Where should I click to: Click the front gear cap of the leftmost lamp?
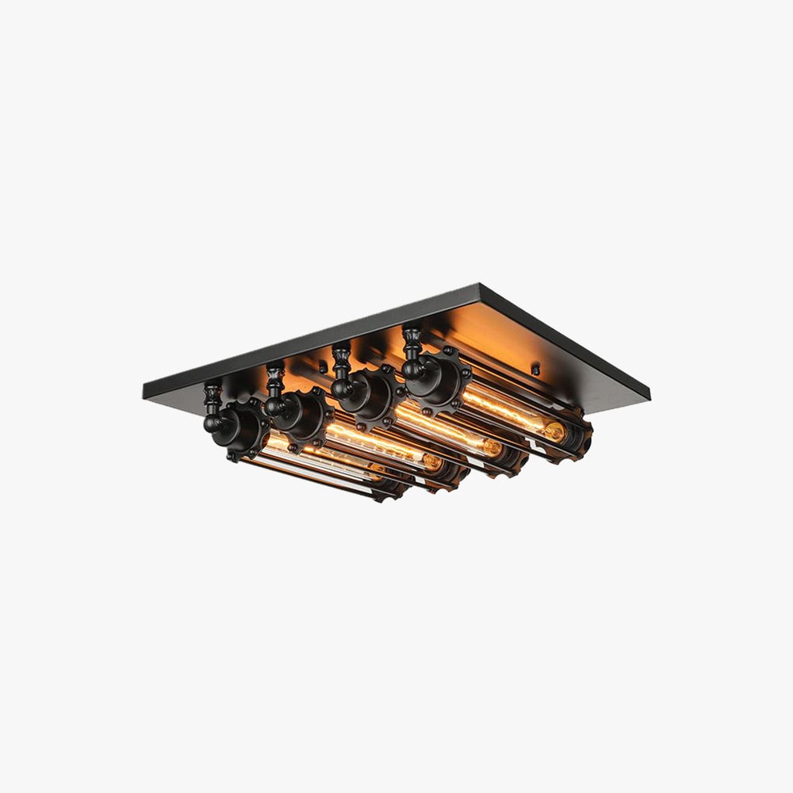coord(238,429)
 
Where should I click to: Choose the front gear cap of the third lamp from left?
coord(370,394)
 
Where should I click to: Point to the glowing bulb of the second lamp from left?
coord(381,449)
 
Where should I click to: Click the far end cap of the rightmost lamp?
coord(575,436)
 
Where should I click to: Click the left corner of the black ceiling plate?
coord(146,390)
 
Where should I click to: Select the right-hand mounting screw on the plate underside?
coord(535,367)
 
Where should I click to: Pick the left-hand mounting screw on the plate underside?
coord(322,367)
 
